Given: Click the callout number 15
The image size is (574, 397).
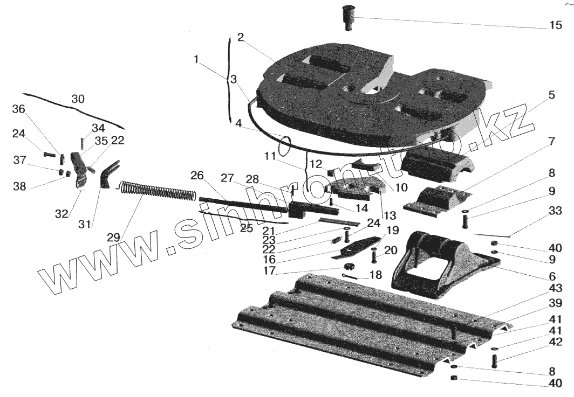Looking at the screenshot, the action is [556, 25].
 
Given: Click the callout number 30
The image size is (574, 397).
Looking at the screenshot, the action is [78, 99].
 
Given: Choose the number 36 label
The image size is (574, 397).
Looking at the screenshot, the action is [19, 109].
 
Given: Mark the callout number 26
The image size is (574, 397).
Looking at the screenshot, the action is [197, 176].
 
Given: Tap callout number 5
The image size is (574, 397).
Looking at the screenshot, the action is [551, 95].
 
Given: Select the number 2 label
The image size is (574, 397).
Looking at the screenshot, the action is [241, 38].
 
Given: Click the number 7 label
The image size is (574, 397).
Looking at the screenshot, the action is [551, 143].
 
